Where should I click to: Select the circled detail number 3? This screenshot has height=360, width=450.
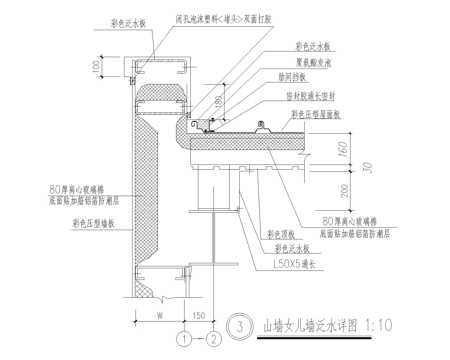[235, 323]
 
